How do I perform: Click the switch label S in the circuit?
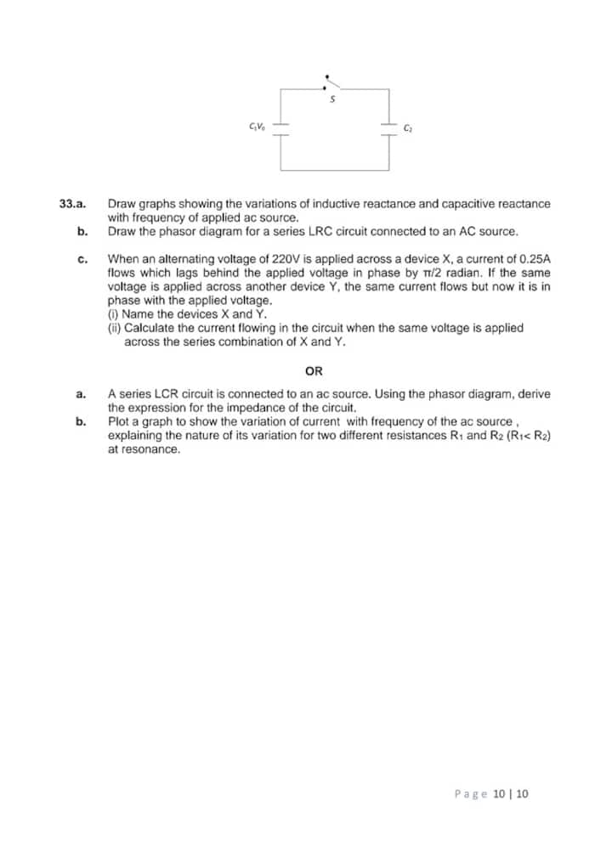point(333,99)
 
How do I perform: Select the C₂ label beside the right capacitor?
point(408,128)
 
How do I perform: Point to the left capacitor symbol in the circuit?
point(281,127)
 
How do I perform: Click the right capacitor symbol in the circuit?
point(388,127)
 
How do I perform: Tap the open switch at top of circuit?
point(332,82)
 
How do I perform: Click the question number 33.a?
point(74,204)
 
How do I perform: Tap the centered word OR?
point(314,371)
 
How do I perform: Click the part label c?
point(81,258)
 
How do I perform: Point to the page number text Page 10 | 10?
point(491,793)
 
